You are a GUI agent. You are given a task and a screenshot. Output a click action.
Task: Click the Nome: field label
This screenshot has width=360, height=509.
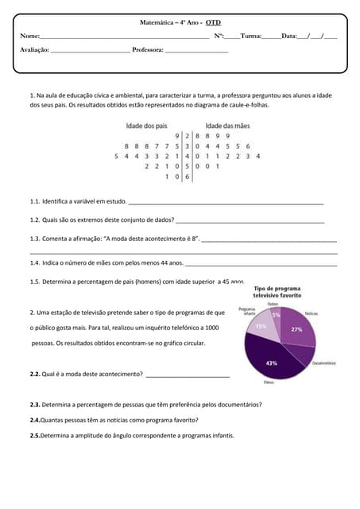click(x=29, y=36)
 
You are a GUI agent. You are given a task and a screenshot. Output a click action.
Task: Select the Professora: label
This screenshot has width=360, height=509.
click(x=148, y=50)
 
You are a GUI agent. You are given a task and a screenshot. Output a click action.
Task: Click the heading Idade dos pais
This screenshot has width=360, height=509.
click(x=147, y=126)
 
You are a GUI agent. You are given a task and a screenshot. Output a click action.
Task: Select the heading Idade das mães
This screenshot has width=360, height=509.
click(x=227, y=126)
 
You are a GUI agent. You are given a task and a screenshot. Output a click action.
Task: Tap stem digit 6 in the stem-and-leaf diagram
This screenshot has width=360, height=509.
click(x=186, y=177)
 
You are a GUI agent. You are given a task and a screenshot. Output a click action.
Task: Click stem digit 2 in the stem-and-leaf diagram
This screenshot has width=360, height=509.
click(x=186, y=136)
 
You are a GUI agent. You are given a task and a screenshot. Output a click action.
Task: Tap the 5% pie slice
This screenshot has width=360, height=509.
click(x=276, y=315)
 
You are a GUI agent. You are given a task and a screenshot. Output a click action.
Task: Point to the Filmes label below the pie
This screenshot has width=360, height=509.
click(x=268, y=383)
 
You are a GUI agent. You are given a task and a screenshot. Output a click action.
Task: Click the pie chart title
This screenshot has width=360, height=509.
click(x=277, y=291)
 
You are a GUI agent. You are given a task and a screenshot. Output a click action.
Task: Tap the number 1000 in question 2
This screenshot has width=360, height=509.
click(x=211, y=328)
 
